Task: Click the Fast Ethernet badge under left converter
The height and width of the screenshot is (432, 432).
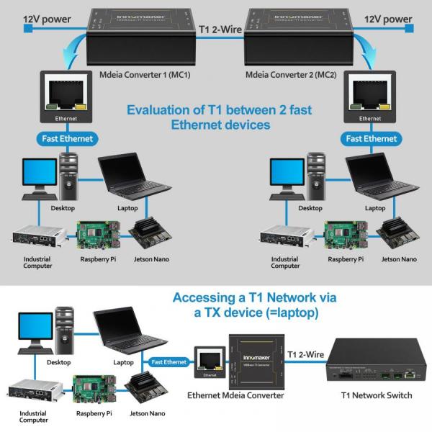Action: point(66,138)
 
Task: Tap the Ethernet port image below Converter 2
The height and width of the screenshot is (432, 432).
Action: point(370,97)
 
